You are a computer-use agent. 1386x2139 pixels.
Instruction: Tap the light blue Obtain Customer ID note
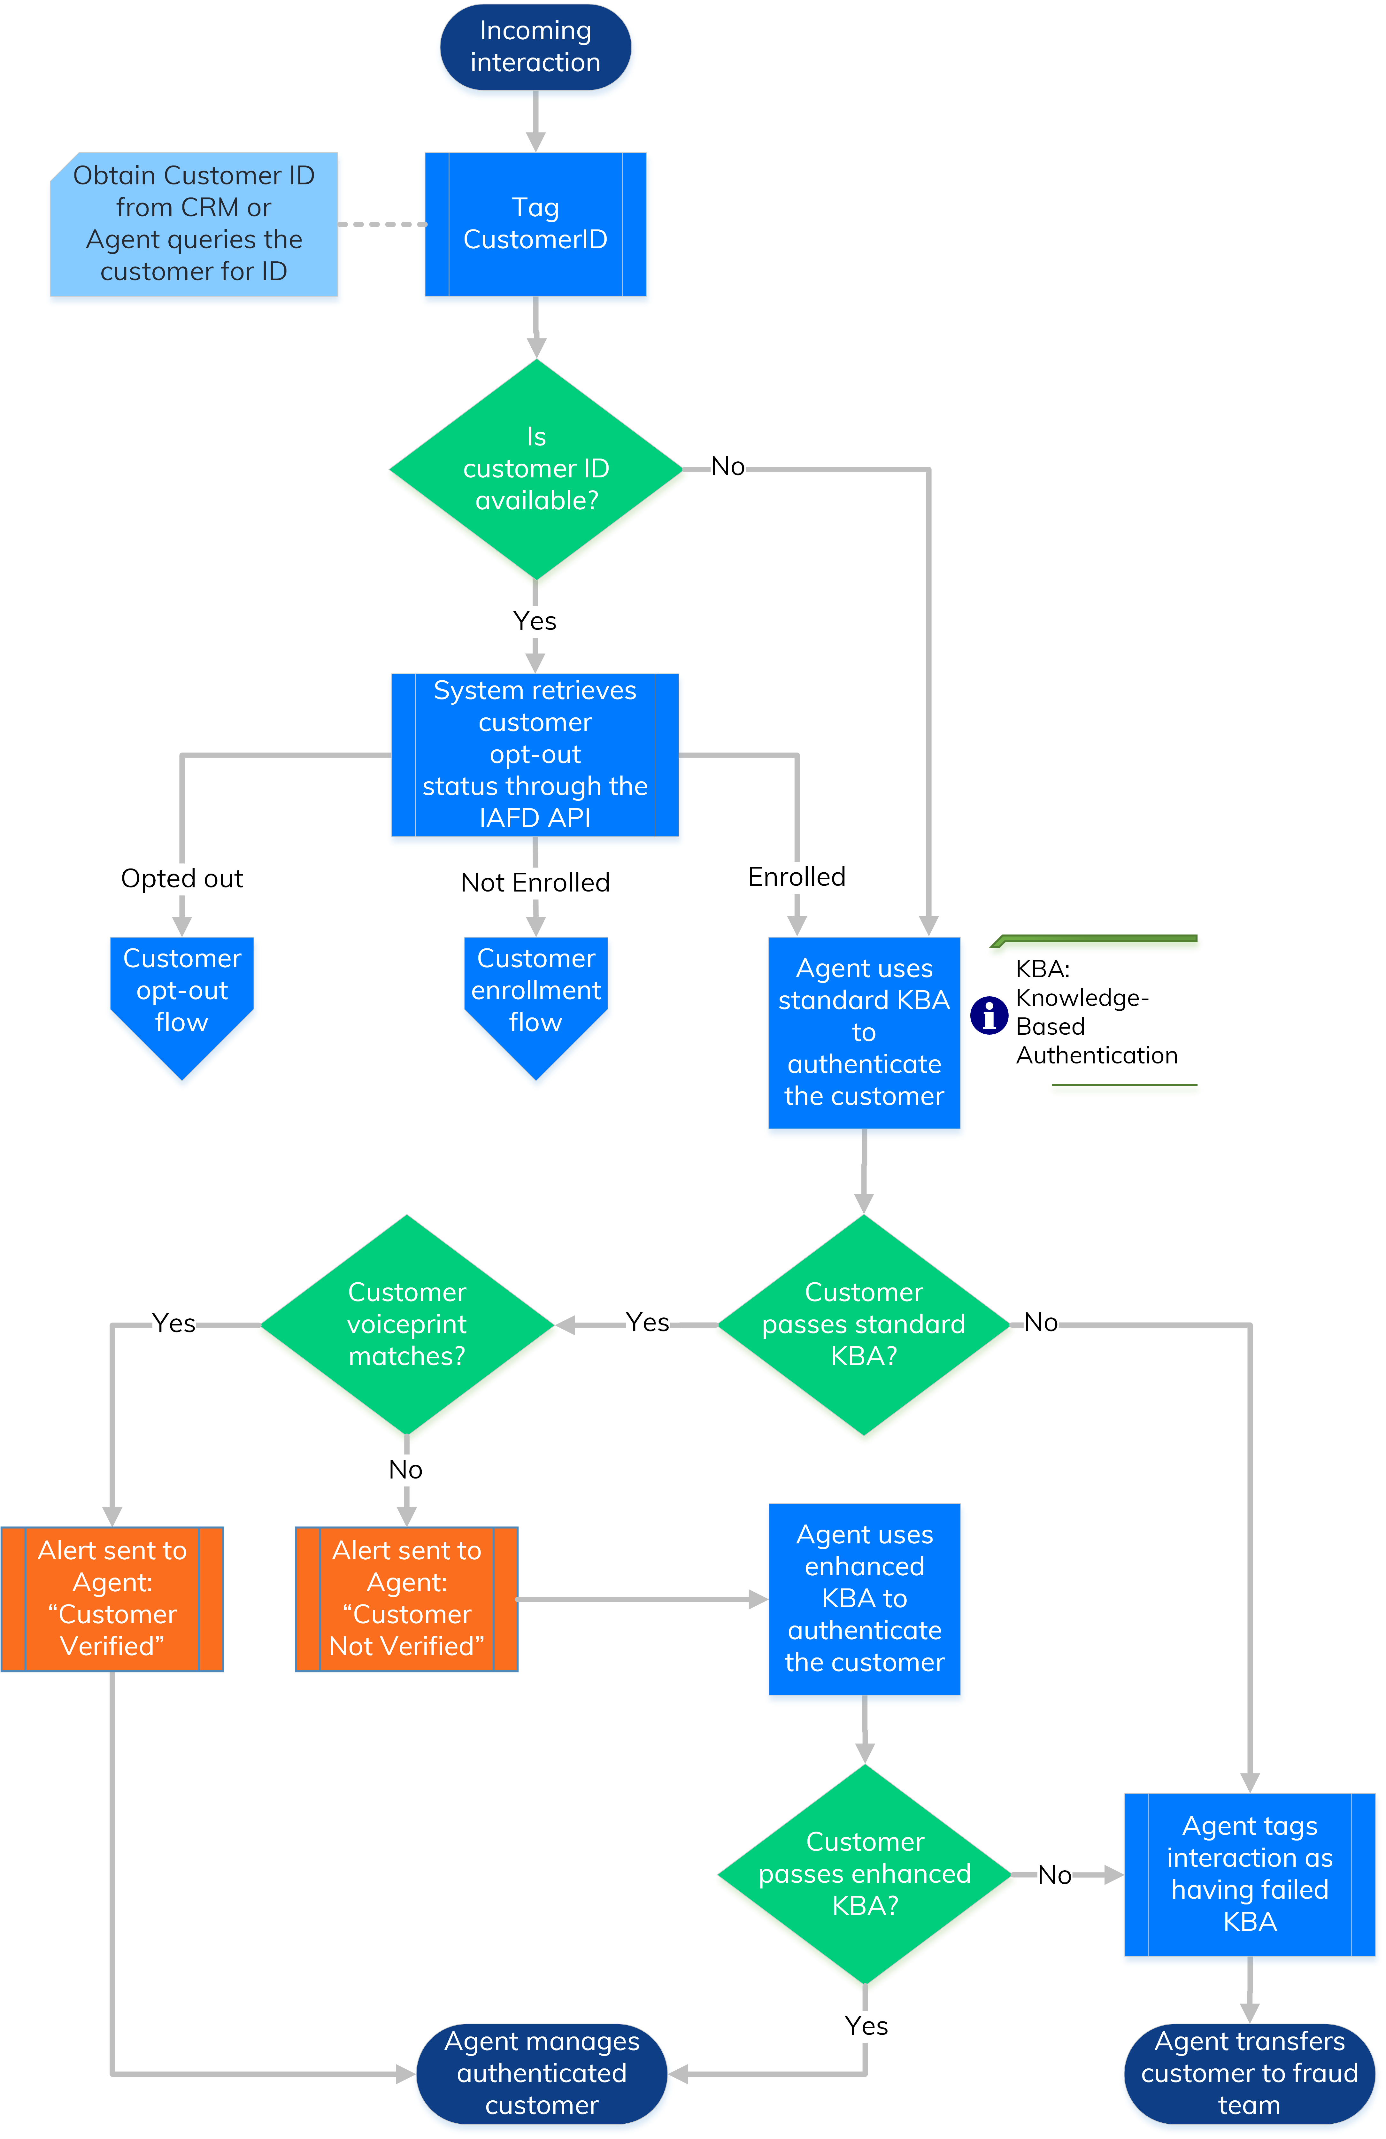point(193,224)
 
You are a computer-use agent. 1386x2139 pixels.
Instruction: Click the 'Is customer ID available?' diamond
point(536,468)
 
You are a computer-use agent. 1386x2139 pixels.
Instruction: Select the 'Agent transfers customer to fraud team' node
point(1249,2073)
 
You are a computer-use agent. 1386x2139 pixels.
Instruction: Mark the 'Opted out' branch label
point(181,878)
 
